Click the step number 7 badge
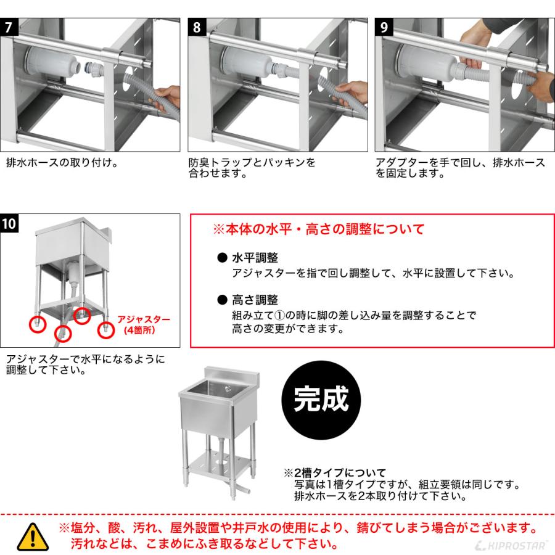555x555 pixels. pyautogui.click(x=7, y=27)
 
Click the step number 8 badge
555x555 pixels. pyautogui.click(x=196, y=27)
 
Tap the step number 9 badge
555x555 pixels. pyautogui.click(x=384, y=27)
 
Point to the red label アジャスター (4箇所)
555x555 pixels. pyautogui.click(x=143, y=325)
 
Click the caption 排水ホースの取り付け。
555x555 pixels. pyautogui.click(x=62, y=164)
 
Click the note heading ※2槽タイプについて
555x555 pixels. pyautogui.click(x=334, y=473)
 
